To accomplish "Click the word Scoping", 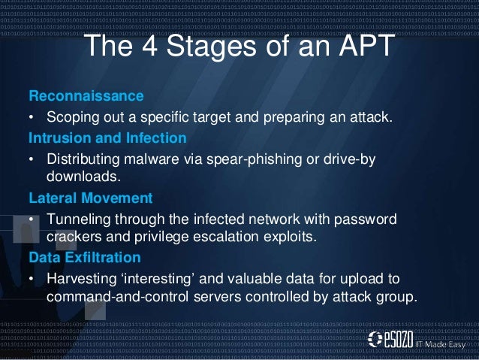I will pyautogui.click(x=74, y=118).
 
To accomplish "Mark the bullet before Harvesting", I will pyautogui.click(x=32, y=278).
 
